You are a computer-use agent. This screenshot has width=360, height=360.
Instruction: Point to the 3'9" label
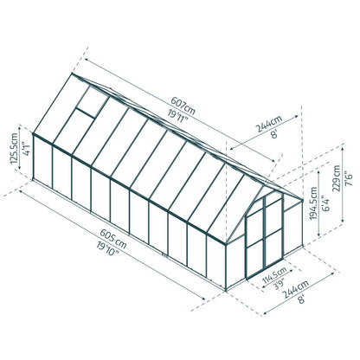(267, 292)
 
